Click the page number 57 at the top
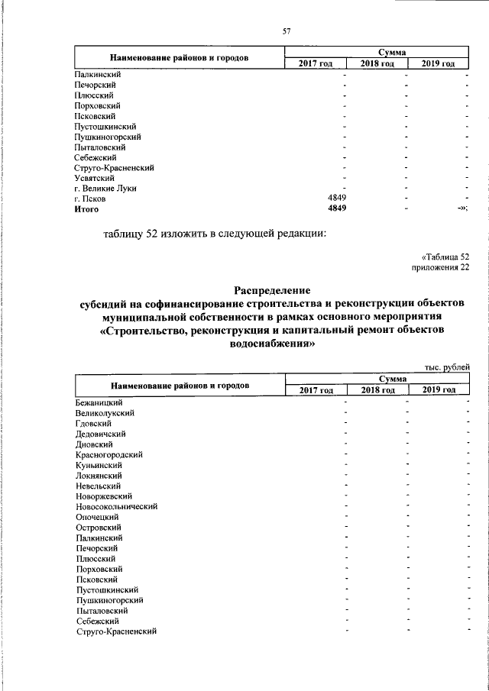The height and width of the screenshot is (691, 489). (287, 31)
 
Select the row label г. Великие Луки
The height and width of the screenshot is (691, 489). (105, 188)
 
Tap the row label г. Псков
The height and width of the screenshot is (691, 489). (90, 199)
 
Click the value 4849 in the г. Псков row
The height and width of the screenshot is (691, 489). (337, 199)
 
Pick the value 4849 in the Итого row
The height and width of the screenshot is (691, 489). (337, 208)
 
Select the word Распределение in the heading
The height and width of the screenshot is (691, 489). (272, 290)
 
